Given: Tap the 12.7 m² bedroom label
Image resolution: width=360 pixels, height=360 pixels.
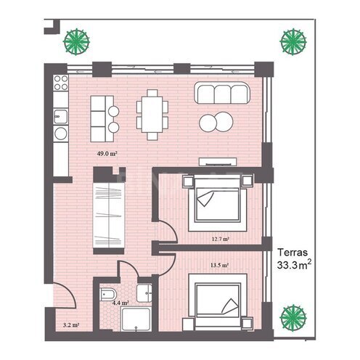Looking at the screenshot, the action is click(x=221, y=239).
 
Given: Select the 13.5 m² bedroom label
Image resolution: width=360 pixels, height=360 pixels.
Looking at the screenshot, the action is click(x=220, y=265).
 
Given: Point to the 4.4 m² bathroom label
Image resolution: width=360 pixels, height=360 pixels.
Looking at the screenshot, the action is click(x=120, y=303).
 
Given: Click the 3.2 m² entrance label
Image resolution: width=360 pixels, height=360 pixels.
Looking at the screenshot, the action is click(x=71, y=325).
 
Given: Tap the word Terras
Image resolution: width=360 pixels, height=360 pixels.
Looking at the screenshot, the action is click(x=292, y=253).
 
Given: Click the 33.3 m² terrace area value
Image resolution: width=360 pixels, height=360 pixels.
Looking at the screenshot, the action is click(x=294, y=265).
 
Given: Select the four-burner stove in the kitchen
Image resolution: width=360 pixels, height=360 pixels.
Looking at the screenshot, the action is click(x=61, y=83).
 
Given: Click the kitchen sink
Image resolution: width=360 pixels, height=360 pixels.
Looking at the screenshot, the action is click(x=60, y=117).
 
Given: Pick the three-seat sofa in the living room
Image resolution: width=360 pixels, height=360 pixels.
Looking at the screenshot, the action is click(x=222, y=93).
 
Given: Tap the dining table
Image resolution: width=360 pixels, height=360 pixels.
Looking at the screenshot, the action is click(x=152, y=115).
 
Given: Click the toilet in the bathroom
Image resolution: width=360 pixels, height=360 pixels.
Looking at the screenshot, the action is click(x=108, y=294).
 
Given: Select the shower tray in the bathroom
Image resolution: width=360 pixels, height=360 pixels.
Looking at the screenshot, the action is click(x=136, y=319).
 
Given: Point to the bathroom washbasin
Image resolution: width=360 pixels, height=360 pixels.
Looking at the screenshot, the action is click(x=144, y=293).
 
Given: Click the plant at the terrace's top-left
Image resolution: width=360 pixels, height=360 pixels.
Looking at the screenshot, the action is click(x=76, y=42).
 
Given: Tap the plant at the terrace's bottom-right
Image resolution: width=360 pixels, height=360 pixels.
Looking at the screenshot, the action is click(x=293, y=318).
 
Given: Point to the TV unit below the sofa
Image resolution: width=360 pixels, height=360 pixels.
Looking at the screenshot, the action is click(x=218, y=162).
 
